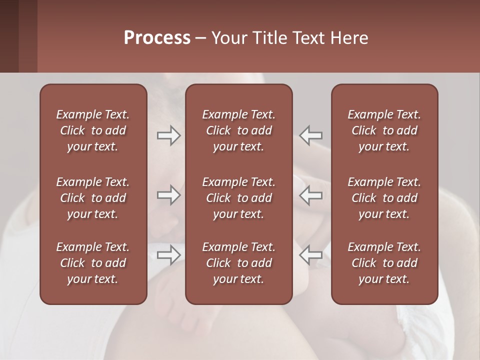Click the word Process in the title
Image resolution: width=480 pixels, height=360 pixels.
click(157, 38)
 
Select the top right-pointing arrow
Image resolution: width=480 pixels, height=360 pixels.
click(168, 135)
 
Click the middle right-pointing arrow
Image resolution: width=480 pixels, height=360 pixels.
click(168, 195)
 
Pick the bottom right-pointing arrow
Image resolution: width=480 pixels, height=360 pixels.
click(168, 255)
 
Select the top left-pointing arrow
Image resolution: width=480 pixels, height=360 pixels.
click(311, 135)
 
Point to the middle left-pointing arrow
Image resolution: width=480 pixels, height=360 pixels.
click(311, 195)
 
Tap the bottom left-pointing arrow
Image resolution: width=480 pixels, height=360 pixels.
click(311, 255)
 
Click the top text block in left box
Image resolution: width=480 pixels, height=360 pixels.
click(93, 130)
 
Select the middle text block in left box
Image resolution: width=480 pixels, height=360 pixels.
click(93, 198)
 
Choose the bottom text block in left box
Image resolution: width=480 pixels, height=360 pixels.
click(93, 263)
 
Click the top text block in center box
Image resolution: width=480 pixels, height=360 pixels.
click(238, 130)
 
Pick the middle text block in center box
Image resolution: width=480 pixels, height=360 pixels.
click(238, 198)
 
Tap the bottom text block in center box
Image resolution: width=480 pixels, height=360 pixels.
click(238, 263)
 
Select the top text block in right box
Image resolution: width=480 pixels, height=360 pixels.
click(384, 130)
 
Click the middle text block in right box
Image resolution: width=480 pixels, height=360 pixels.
click(384, 198)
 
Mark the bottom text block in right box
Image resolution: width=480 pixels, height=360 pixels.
click(384, 263)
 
